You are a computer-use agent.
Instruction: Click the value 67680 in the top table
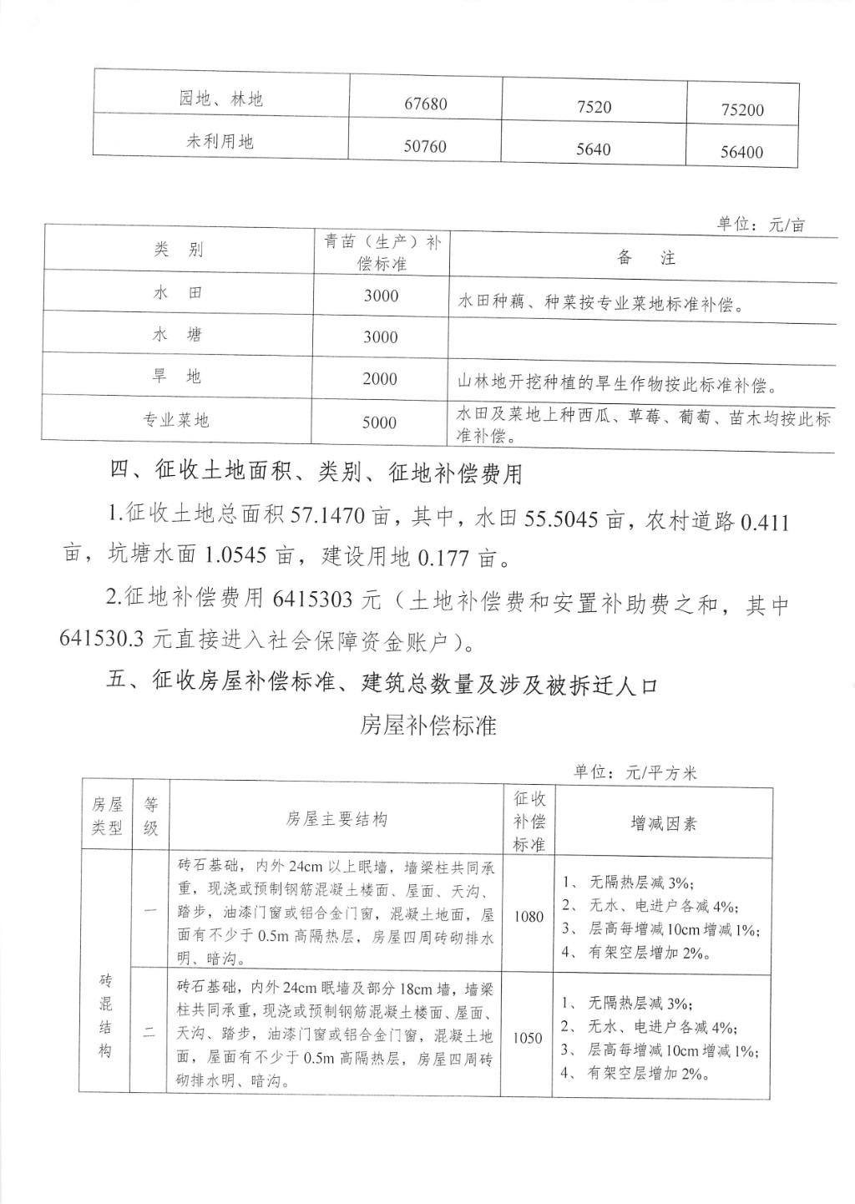426,104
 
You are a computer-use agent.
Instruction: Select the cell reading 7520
594,107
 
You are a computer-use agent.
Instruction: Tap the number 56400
741,153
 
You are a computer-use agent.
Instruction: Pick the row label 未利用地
220,142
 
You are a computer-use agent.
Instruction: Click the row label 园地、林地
220,99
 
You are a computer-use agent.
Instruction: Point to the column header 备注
645,258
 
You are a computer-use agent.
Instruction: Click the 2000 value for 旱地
380,379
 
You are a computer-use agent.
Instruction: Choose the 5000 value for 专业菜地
379,422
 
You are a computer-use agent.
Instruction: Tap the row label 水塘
177,335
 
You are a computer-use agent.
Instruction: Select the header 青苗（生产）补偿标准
382,252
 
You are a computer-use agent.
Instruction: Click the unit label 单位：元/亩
761,225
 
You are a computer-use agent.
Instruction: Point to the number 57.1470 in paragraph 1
328,518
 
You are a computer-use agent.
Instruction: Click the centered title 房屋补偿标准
427,726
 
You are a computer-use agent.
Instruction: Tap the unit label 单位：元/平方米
635,772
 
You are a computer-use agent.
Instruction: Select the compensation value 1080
529,917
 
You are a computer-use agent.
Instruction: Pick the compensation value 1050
528,1039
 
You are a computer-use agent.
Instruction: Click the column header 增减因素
663,824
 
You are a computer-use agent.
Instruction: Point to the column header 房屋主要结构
336,820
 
